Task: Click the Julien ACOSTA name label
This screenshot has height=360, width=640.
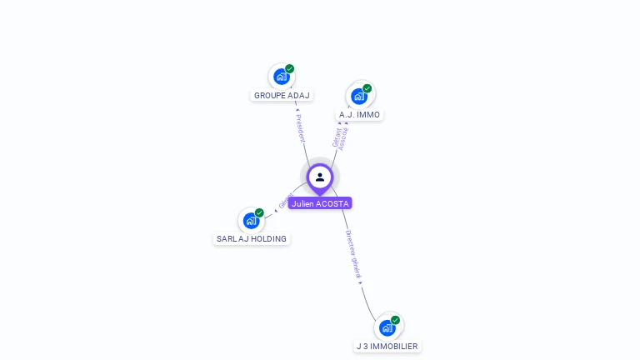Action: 320,203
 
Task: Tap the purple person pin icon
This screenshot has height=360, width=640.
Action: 320,177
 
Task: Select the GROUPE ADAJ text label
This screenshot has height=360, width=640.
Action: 282,96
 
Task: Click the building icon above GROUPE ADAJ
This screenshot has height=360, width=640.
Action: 281,77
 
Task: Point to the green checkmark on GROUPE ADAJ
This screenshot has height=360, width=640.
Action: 290,68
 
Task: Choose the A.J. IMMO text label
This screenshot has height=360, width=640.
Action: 359,115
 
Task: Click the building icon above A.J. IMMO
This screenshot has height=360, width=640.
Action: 359,96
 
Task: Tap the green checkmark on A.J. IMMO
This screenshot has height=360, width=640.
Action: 367,88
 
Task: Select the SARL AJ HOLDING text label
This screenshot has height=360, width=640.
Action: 252,239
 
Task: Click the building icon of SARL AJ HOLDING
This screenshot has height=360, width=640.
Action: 250,221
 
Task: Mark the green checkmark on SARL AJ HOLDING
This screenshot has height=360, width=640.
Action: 259,212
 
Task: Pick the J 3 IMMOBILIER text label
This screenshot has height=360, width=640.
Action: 387,347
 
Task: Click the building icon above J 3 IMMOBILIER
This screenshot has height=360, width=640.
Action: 387,327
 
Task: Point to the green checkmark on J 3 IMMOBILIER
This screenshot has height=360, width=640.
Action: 396,320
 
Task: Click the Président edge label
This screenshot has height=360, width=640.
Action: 301,127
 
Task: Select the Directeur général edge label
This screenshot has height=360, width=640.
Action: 353,255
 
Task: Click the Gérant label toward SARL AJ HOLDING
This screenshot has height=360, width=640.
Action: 286,202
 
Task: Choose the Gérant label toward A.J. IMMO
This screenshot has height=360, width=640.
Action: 337,137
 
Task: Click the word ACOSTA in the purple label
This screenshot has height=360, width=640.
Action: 332,203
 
